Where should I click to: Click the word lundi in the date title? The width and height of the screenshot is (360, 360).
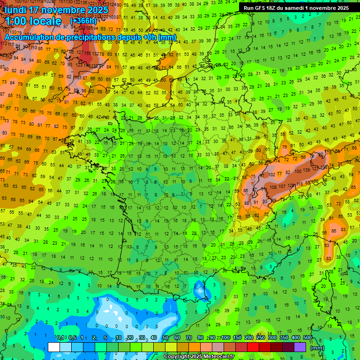[x=16, y=9]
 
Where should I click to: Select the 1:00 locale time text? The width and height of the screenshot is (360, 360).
[x=33, y=21]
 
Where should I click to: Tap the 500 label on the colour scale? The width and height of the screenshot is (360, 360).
[x=307, y=338]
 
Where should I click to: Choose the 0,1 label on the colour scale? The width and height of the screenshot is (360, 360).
[x=60, y=338]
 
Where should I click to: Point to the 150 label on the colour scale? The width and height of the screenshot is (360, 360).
[x=237, y=338]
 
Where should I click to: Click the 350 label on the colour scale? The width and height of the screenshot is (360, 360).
[x=284, y=338]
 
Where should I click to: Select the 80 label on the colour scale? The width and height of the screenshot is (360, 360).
[x=201, y=338]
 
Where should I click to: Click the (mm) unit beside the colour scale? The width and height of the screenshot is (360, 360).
[x=318, y=348]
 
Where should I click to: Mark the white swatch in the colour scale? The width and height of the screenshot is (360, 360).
[x=54, y=347]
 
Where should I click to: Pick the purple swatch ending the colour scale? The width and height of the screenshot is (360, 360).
[x=300, y=347]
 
